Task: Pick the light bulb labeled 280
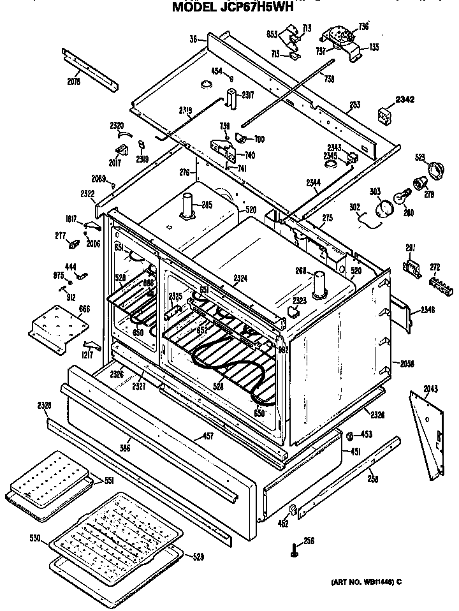404,196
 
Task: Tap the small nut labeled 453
350,436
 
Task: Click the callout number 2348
428,311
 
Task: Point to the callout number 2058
407,364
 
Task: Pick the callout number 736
363,26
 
